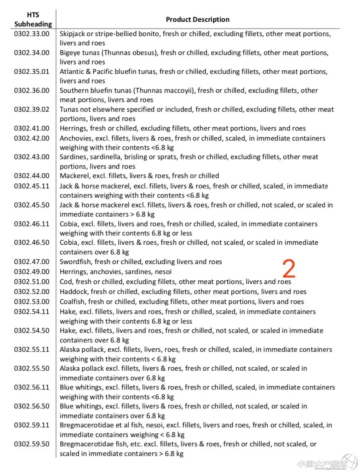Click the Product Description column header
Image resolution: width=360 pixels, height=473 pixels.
pos(197,20)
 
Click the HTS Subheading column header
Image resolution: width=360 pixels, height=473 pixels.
pos(33,20)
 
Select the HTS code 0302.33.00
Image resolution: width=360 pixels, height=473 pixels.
pos(32,34)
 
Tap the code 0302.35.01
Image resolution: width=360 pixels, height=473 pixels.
pos(32,72)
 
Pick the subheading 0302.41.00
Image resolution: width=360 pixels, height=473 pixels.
pos(32,128)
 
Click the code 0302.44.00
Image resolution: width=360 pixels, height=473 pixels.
pos(32,176)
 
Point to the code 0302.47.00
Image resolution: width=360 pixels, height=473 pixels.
pos(32,262)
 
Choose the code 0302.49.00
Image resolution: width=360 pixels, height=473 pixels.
pos(32,272)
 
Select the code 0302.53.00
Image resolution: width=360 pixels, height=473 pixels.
pos(32,302)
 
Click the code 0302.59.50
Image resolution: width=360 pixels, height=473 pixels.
pos(32,444)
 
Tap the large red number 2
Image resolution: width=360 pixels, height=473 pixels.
pos(289,269)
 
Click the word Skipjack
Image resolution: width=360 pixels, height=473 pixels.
pos(72,34)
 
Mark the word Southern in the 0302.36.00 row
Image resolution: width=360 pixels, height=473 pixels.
pos(74,91)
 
